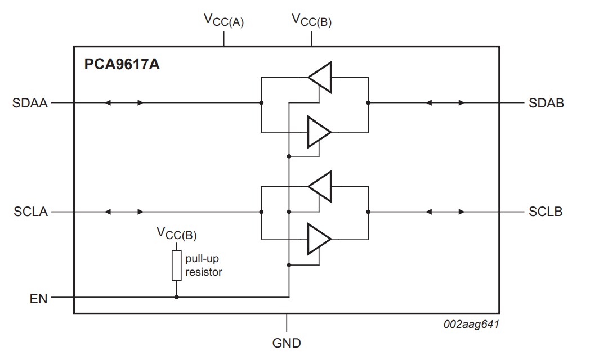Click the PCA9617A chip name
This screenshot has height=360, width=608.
(x=122, y=65)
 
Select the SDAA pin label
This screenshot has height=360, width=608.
(x=30, y=103)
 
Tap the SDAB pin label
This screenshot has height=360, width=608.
(x=546, y=103)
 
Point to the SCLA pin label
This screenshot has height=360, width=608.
(x=30, y=212)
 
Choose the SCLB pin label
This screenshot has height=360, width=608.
(x=546, y=212)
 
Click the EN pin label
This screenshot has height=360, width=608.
(x=38, y=298)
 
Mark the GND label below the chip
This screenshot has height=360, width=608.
(x=287, y=343)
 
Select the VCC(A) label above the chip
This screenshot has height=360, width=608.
(x=223, y=20)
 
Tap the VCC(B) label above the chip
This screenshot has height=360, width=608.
(x=311, y=20)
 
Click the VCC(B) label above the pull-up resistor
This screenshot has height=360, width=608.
(x=176, y=233)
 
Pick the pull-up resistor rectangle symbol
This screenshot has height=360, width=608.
(x=177, y=265)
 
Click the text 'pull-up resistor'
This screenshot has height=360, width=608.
(x=204, y=265)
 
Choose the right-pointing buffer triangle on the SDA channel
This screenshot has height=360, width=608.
(x=319, y=132)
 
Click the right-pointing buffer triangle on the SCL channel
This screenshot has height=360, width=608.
(x=319, y=239)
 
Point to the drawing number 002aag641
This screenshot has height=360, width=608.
(x=472, y=324)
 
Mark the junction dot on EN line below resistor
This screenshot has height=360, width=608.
(x=177, y=297)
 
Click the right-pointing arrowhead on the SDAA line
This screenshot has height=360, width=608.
(x=141, y=103)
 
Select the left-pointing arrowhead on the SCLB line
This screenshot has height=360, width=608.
(x=428, y=212)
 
